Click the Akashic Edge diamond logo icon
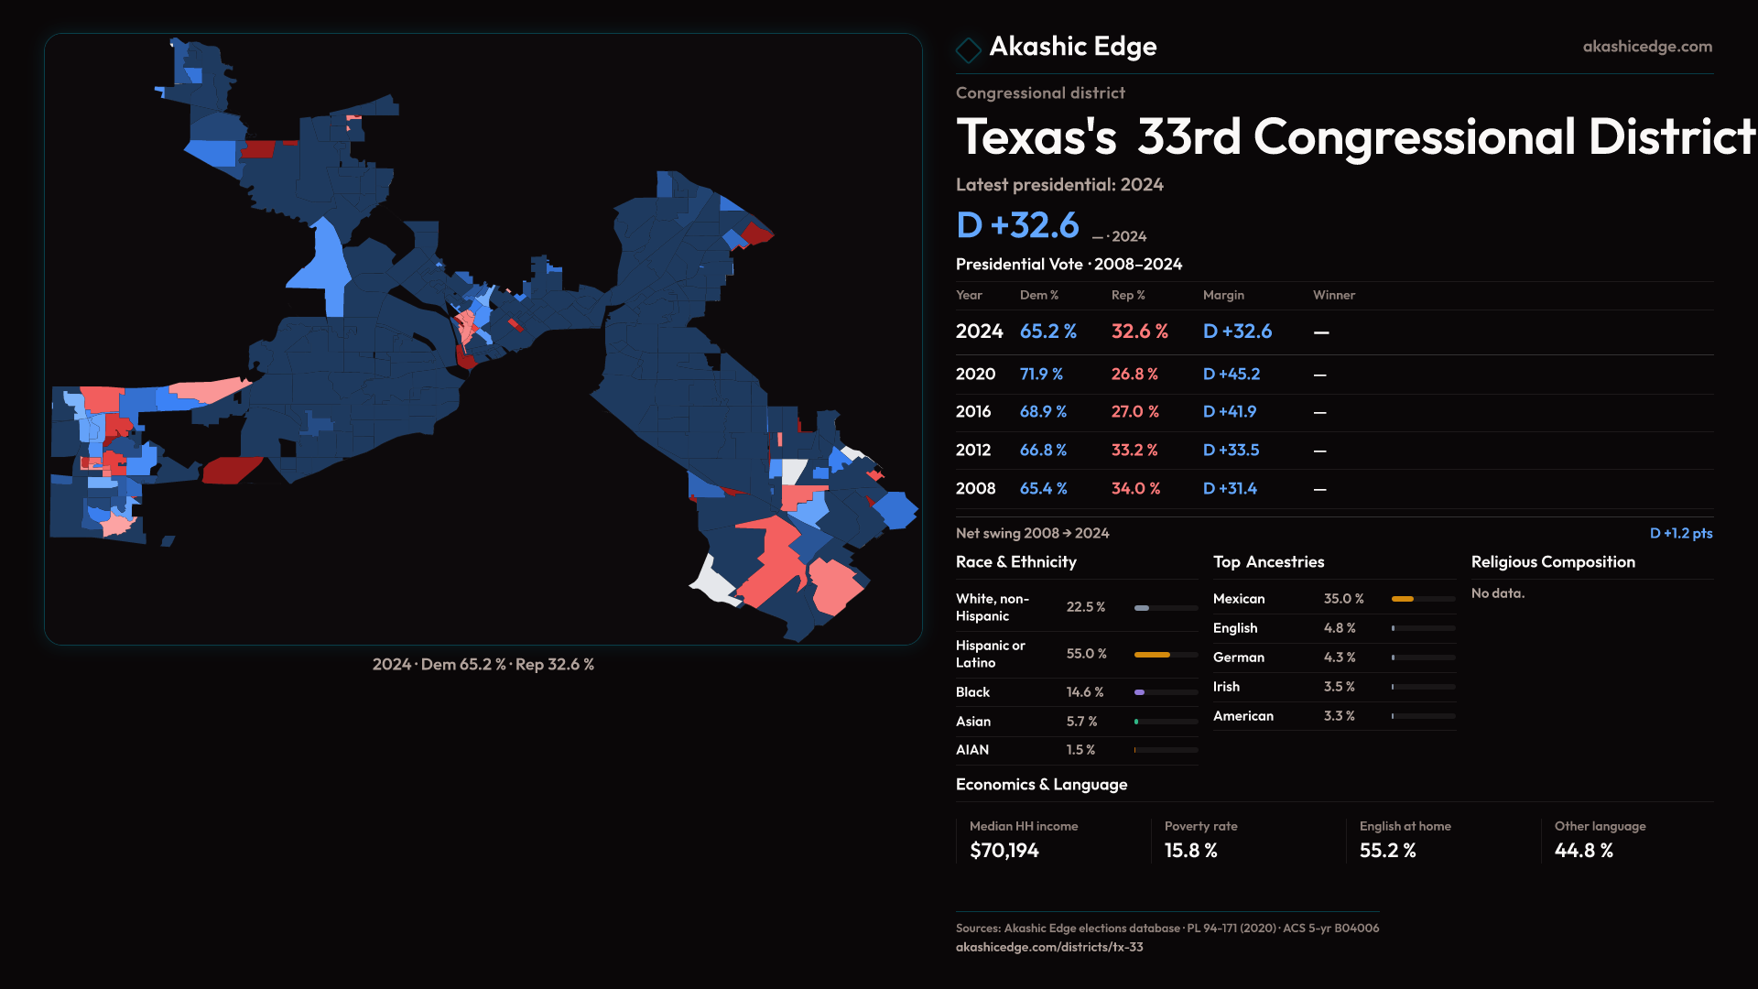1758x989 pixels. [x=968, y=49]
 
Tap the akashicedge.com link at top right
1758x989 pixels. [x=1646, y=47]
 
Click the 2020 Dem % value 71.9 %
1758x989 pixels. [x=1041, y=375]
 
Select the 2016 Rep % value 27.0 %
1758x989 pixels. [x=1134, y=412]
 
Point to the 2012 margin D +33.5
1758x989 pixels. [x=1231, y=451]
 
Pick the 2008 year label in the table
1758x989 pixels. [x=975, y=489]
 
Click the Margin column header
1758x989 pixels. [x=1223, y=295]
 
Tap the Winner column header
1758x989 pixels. [x=1333, y=295]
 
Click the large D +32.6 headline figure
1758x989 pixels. [x=1017, y=225]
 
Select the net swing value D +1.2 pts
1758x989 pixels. [x=1680, y=533]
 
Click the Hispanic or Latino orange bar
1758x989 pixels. [x=1152, y=655]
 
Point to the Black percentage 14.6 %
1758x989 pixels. [x=1085, y=692]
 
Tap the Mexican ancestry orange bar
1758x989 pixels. [x=1402, y=599]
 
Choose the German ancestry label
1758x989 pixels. [x=1238, y=658]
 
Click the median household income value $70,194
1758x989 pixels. [x=1004, y=851]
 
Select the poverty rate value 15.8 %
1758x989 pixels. [x=1190, y=851]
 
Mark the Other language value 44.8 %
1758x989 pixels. [x=1583, y=851]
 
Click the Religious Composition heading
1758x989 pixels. [x=1552, y=562]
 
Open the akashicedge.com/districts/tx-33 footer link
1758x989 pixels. [x=1048, y=947]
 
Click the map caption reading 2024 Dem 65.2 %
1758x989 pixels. [x=483, y=665]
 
